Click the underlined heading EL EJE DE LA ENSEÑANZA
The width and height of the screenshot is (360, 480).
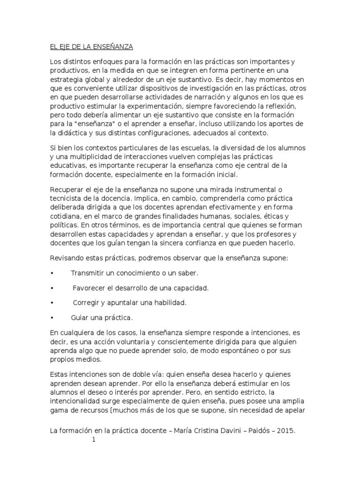tap(92, 47)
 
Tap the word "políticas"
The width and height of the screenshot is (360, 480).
tap(64, 225)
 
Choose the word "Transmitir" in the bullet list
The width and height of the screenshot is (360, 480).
tap(88, 273)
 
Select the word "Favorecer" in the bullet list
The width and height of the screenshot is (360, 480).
tap(90, 288)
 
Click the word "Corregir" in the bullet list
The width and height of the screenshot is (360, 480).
tap(88, 302)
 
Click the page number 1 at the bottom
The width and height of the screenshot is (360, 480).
tap(93, 440)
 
